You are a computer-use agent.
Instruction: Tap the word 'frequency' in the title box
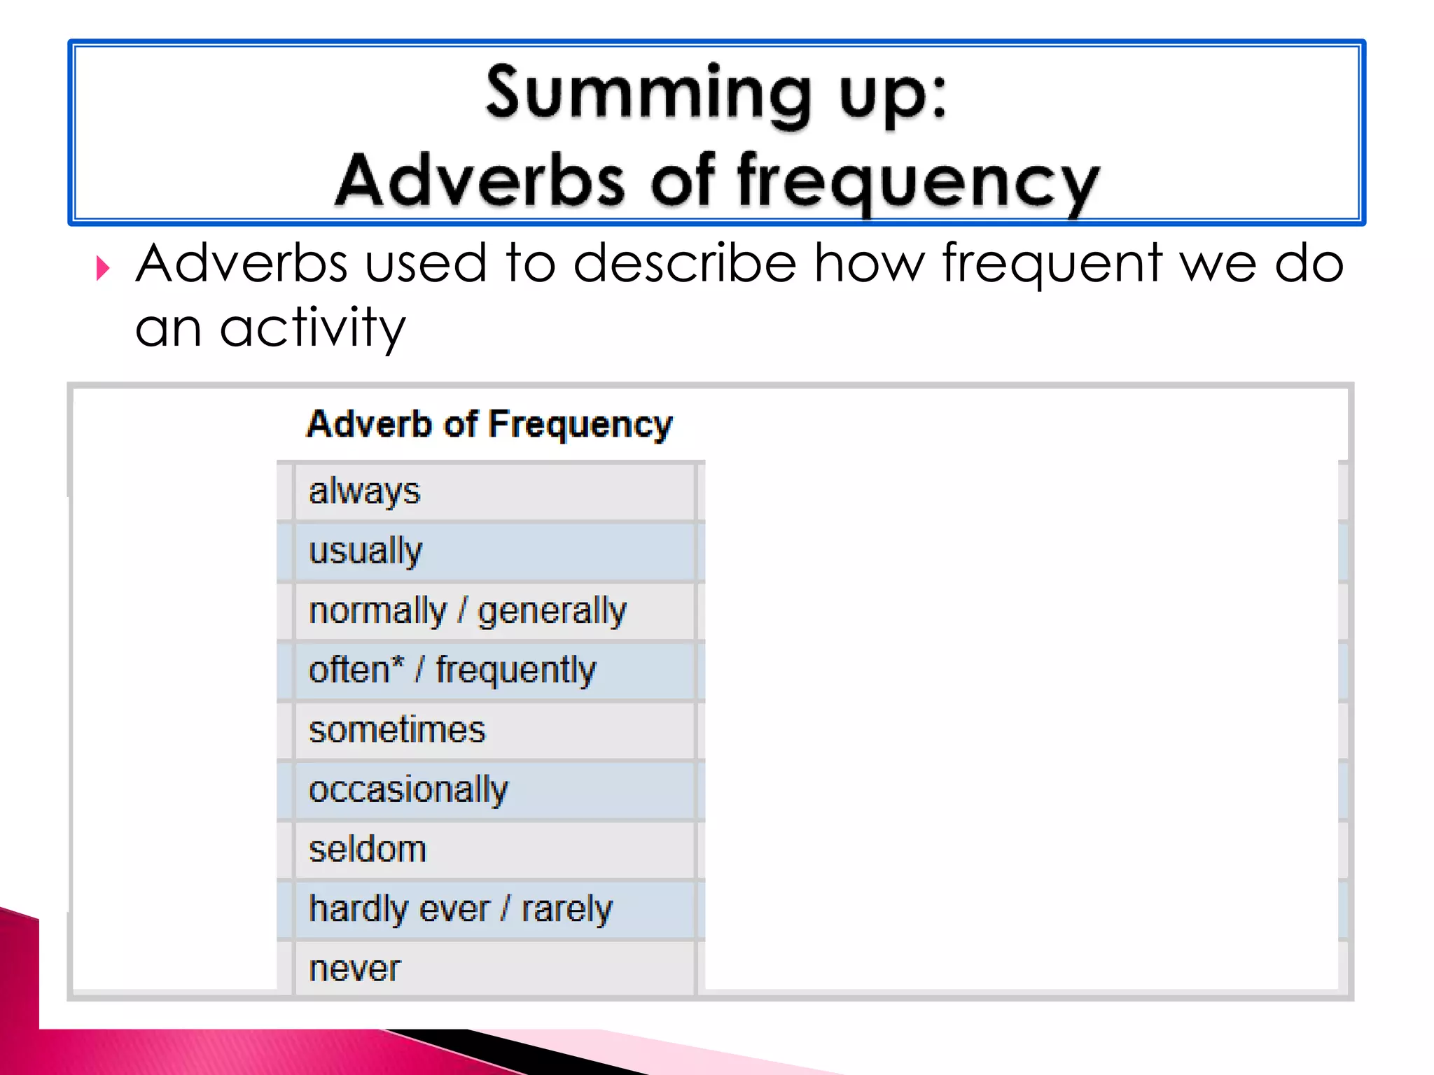click(918, 182)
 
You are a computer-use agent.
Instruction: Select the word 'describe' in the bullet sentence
click(685, 264)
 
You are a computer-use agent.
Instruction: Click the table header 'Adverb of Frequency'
click(489, 424)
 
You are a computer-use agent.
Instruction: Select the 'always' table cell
click(364, 491)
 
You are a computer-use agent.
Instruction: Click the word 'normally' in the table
click(377, 611)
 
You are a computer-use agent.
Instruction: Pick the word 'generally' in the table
click(552, 611)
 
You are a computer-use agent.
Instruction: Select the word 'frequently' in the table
click(516, 670)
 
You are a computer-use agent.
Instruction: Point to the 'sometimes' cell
click(396, 730)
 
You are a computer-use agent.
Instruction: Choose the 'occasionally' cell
click(408, 790)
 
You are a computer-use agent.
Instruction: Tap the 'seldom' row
click(368, 850)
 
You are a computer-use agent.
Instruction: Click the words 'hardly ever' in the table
click(399, 909)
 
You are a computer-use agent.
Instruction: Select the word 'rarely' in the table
click(567, 909)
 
